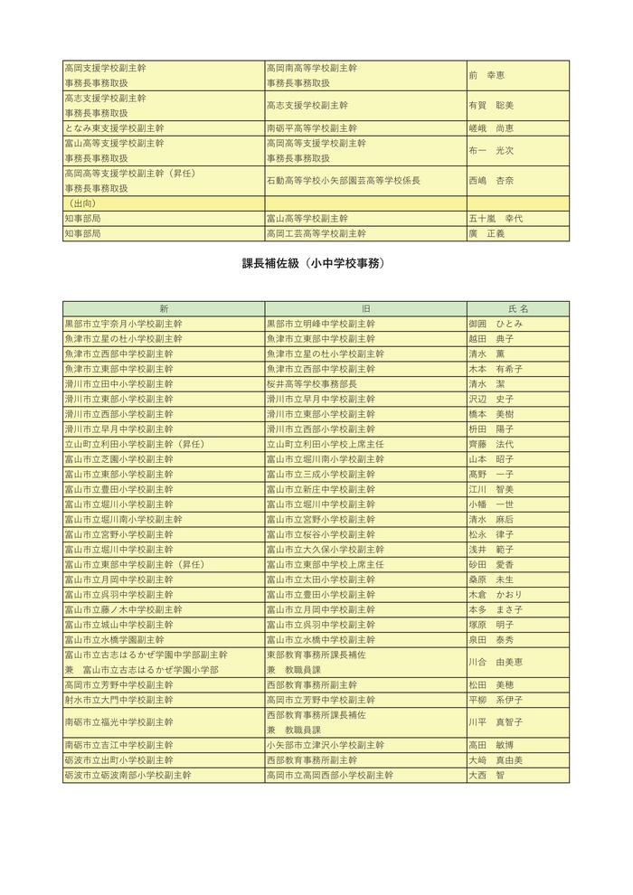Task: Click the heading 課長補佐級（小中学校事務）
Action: point(316,264)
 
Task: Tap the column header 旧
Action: point(365,308)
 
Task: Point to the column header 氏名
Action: point(518,308)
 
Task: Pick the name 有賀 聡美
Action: point(491,106)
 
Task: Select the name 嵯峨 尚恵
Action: point(491,128)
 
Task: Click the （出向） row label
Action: point(84,203)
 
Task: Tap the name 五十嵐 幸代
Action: point(496,219)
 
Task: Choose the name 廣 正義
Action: point(487,233)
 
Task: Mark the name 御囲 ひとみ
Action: point(496,324)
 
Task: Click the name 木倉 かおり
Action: point(496,596)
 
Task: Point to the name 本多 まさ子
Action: point(496,610)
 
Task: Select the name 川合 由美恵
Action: point(496,663)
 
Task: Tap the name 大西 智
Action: point(487,776)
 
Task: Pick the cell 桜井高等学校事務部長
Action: point(311,384)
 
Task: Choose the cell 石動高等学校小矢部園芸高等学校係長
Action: point(344,181)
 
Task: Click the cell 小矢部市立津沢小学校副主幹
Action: point(325,746)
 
